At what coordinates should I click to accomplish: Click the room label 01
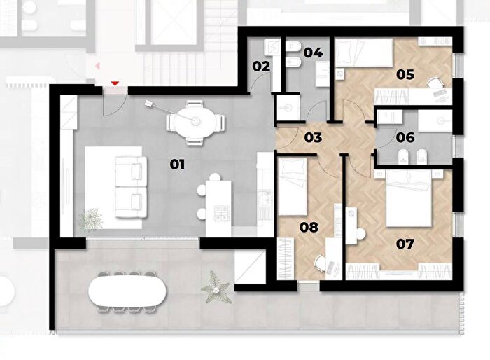(177, 164)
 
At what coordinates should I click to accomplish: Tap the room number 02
(261, 67)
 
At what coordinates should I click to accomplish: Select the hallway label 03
(313, 137)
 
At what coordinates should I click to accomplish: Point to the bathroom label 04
(313, 53)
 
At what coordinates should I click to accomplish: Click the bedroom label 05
(405, 74)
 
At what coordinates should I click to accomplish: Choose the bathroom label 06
(405, 137)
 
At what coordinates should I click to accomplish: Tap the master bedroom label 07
(405, 244)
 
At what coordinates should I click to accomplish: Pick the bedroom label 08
(309, 228)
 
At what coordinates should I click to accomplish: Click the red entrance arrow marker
(115, 83)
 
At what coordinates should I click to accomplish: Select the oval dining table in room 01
(195, 122)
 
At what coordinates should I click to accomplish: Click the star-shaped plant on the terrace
(216, 288)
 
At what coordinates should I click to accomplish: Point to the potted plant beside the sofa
(90, 219)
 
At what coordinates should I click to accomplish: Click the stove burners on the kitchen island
(222, 213)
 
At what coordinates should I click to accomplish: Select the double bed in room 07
(408, 198)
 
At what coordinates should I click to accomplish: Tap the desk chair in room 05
(435, 84)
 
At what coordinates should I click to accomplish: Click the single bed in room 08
(292, 187)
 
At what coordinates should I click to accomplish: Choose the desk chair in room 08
(321, 263)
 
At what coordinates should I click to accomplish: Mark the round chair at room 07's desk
(360, 234)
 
